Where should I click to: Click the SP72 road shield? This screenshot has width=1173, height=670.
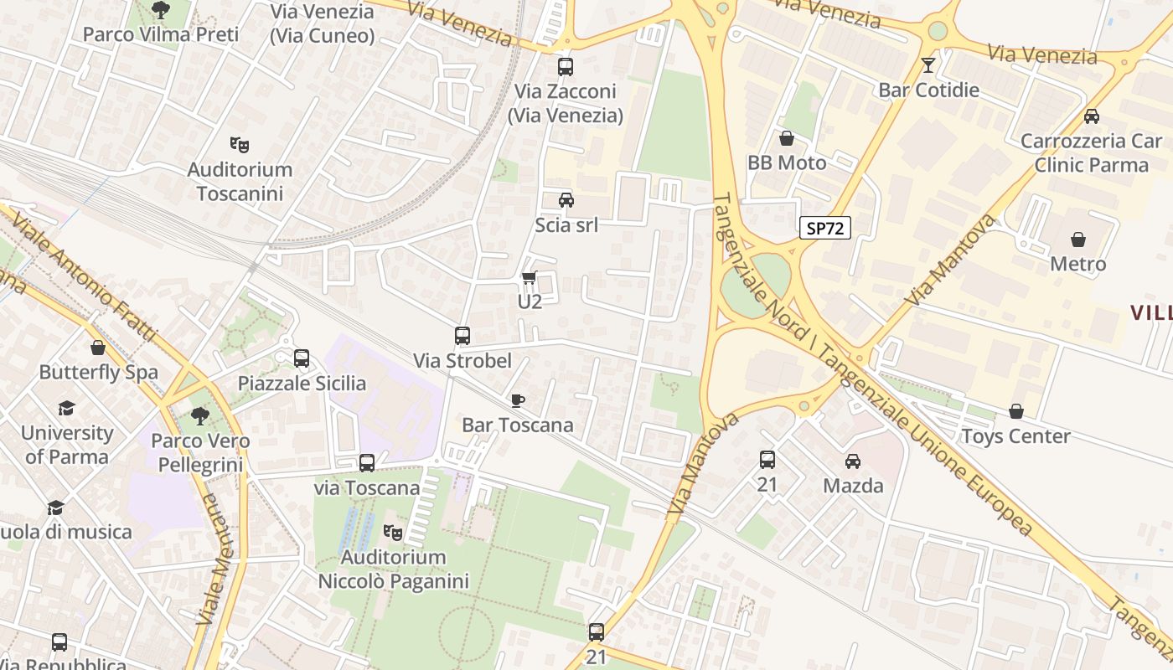(824, 228)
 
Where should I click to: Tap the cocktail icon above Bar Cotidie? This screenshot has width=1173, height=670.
(928, 65)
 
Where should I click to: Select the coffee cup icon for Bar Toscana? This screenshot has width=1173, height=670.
(517, 400)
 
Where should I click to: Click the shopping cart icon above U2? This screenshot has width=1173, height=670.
(529, 277)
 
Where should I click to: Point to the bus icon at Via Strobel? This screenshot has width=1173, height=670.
(462, 336)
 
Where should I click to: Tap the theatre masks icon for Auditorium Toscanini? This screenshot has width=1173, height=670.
(240, 145)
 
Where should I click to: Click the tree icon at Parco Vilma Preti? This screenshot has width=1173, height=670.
(160, 10)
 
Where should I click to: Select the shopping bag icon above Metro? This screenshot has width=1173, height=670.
(1078, 240)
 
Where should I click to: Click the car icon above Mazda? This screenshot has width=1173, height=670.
(853, 461)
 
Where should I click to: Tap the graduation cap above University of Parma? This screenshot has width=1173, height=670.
(66, 408)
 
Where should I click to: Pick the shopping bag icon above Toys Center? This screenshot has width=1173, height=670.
(1015, 411)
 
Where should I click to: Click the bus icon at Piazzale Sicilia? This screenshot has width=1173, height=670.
(302, 358)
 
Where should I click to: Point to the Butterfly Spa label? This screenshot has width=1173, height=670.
(98, 372)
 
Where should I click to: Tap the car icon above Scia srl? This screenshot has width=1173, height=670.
(566, 200)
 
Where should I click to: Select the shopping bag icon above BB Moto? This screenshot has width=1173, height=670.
(787, 138)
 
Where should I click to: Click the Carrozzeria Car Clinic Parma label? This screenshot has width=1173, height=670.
(1091, 152)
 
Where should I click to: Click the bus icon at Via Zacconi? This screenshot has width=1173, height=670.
(566, 67)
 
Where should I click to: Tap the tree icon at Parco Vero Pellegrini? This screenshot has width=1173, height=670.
(199, 415)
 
